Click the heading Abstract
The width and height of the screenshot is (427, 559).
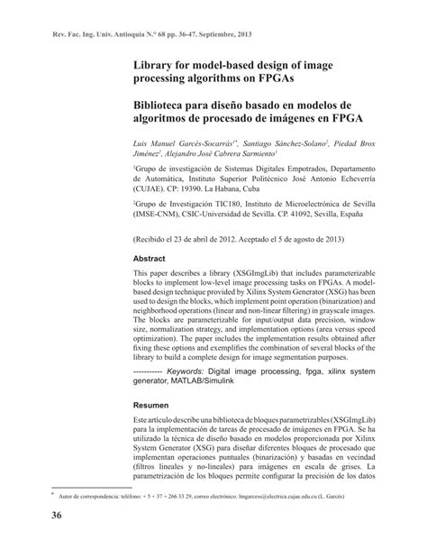[x=152, y=256]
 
